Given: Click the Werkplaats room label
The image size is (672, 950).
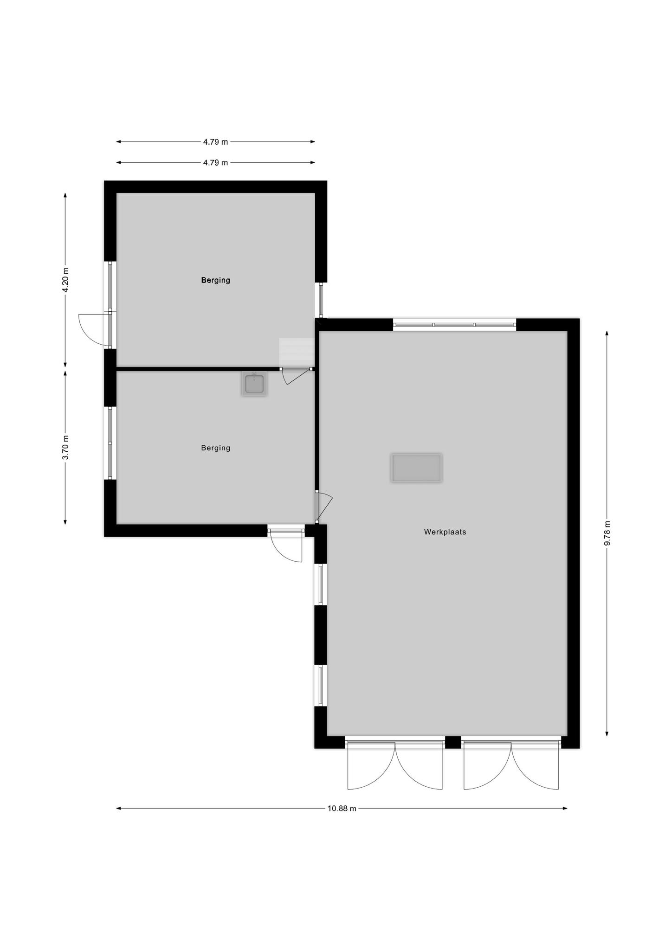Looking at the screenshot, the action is [445, 532].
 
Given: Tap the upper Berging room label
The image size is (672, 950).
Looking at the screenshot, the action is [215, 280].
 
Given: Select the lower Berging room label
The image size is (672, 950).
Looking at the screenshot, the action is [215, 448].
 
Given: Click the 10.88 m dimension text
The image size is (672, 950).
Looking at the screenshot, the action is [342, 809].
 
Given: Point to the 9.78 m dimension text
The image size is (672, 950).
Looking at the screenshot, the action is [607, 533].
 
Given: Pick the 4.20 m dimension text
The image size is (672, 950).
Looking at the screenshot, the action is [65, 280].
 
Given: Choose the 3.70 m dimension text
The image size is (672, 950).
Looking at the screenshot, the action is [65, 448].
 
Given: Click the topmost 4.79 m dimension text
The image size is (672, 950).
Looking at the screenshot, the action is [215, 142].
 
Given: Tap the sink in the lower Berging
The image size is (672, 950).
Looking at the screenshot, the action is [254, 384].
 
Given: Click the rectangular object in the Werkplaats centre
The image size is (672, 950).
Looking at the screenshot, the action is [416, 468].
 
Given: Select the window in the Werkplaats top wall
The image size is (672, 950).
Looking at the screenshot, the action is [454, 325].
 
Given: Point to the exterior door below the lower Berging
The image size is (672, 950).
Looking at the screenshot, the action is [286, 544].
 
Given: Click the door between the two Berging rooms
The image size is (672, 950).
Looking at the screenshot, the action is [296, 376].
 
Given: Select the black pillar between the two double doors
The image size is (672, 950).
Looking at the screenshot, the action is [453, 742].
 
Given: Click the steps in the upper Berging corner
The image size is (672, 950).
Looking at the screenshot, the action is [296, 353].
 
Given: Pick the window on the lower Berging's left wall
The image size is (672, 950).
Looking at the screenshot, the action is [110, 443].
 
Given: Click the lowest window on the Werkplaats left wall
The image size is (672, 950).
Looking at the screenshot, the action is [321, 686].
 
